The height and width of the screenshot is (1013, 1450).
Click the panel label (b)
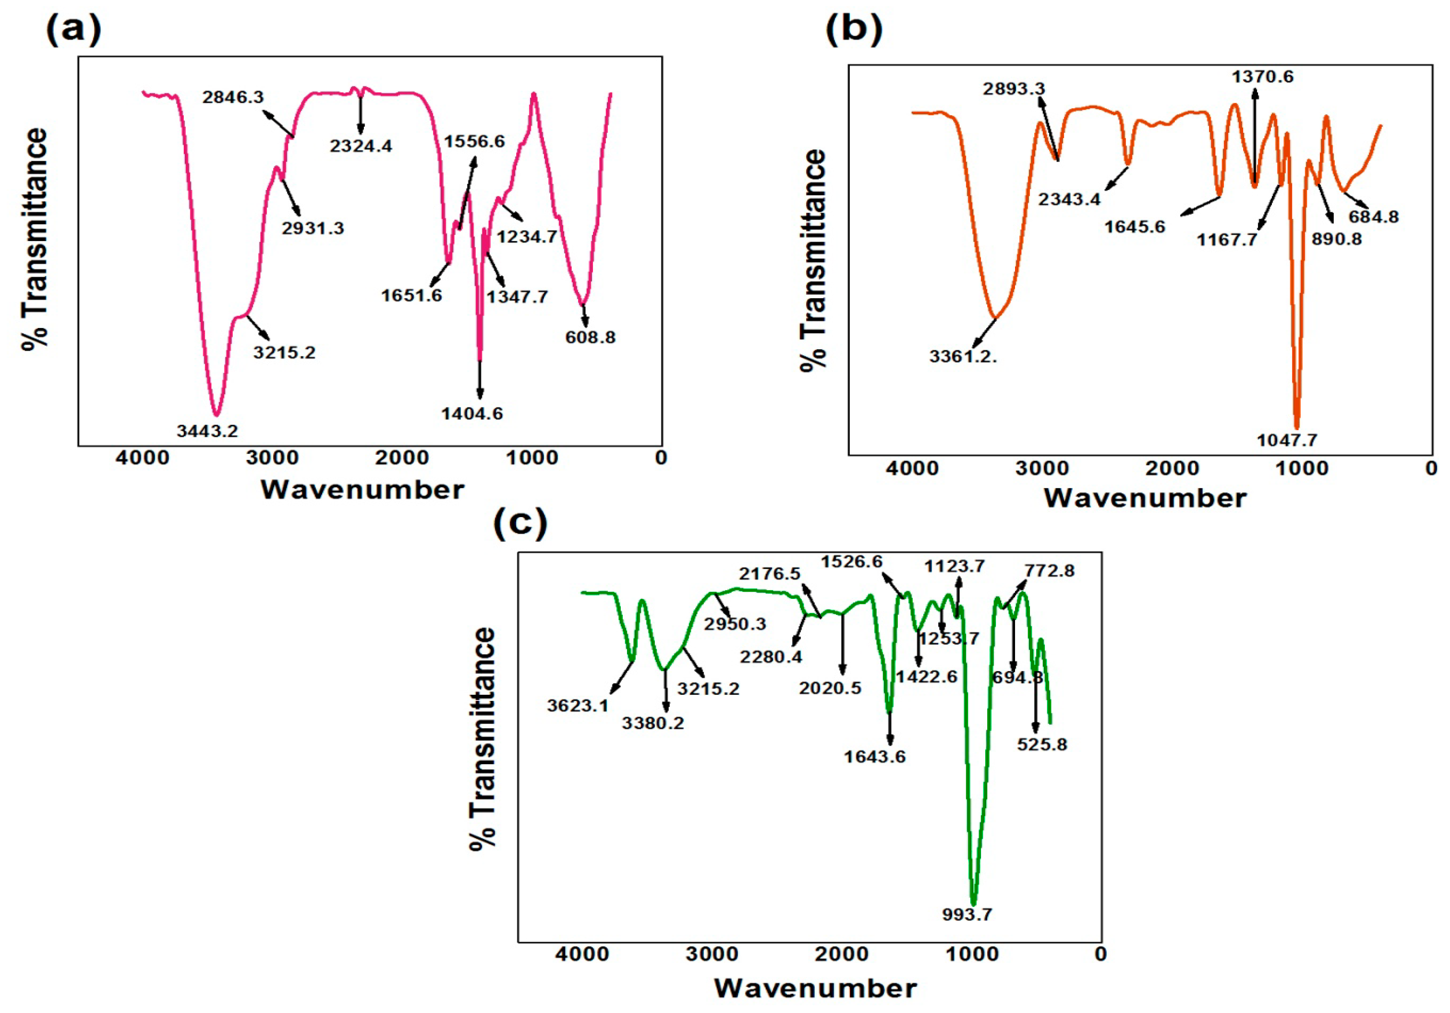854,30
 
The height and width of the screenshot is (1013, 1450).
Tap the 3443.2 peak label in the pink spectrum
207,432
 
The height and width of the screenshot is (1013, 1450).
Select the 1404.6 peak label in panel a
472,414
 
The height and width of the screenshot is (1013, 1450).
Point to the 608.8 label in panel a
590,337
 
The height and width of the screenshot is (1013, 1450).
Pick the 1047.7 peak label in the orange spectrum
1287,440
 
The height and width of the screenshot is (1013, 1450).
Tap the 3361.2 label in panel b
963,357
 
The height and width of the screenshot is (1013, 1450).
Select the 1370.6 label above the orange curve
1263,77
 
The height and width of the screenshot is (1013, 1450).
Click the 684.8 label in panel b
1374,217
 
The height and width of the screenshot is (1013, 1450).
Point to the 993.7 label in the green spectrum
967,915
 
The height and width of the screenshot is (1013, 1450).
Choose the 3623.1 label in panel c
577,706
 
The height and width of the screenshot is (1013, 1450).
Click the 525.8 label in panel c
1042,744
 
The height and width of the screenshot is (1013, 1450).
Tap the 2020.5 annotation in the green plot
830,688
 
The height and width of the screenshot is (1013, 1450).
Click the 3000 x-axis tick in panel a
272,457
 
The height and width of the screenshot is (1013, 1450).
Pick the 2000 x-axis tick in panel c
841,954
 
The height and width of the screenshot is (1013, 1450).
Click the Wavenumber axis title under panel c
815,988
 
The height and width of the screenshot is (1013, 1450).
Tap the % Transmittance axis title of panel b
813,261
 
